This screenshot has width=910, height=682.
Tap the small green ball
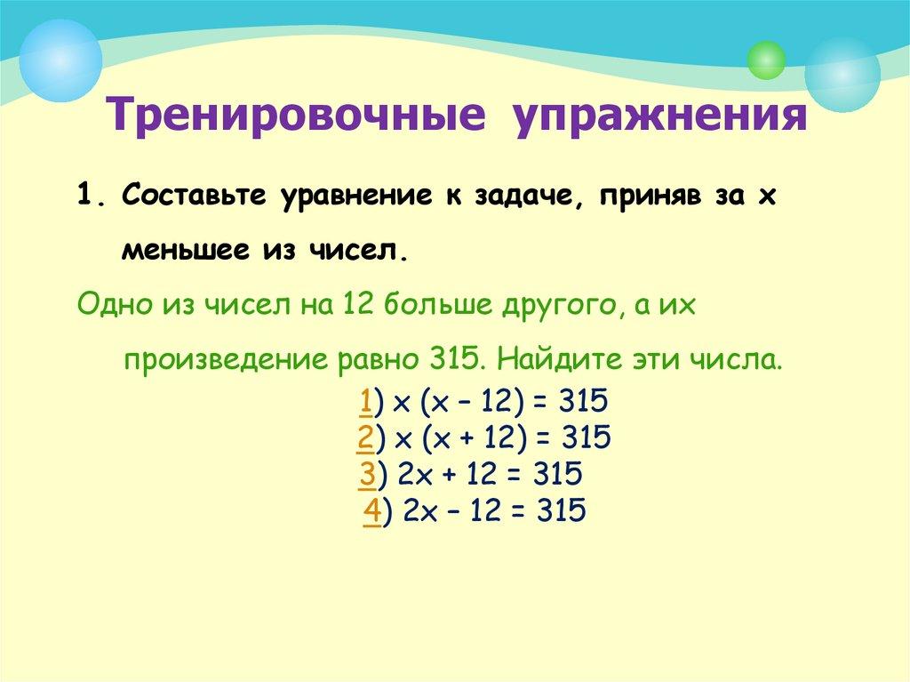coord(766,60)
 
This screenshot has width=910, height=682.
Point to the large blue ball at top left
coord(60,60)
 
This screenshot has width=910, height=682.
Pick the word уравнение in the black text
coord(356,197)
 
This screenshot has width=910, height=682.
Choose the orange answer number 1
coord(365,402)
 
